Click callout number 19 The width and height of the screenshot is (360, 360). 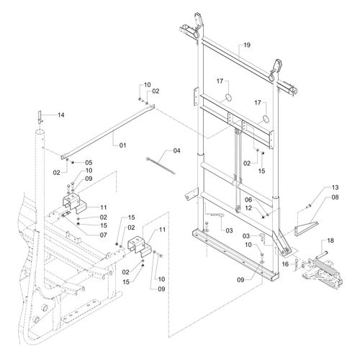click(x=247, y=45)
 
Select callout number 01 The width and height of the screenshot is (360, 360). click(x=122, y=145)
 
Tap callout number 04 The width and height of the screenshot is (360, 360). click(x=176, y=150)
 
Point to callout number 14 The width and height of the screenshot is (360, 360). click(x=61, y=115)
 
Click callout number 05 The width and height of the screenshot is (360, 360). click(x=89, y=163)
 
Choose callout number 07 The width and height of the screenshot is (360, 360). click(x=103, y=235)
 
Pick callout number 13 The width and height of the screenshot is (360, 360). click(x=335, y=187)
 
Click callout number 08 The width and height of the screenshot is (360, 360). click(x=335, y=197)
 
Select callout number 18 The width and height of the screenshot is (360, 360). click(x=330, y=240)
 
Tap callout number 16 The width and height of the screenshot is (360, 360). click(x=285, y=264)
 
